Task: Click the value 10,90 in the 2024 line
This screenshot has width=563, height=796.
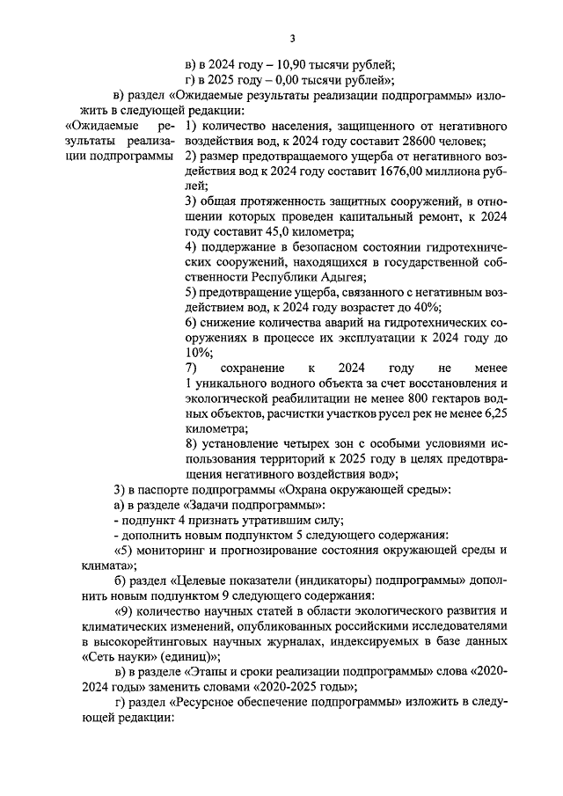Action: [294, 65]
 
